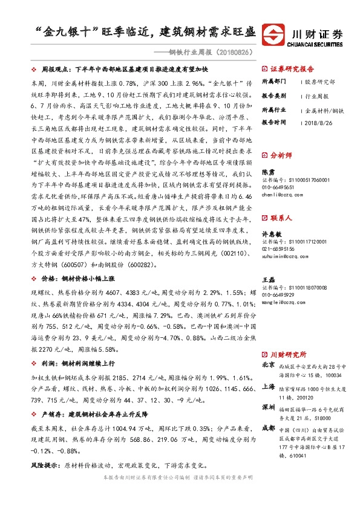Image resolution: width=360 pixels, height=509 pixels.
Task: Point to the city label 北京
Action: pyautogui.click(x=268, y=366)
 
